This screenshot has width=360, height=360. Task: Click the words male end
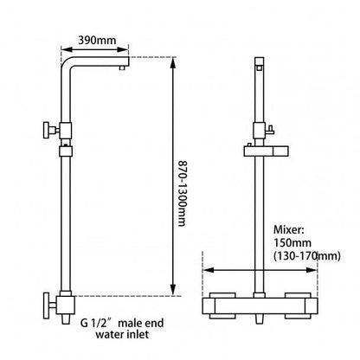pos(132,322)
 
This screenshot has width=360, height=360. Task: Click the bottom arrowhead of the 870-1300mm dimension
pos(176,291)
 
